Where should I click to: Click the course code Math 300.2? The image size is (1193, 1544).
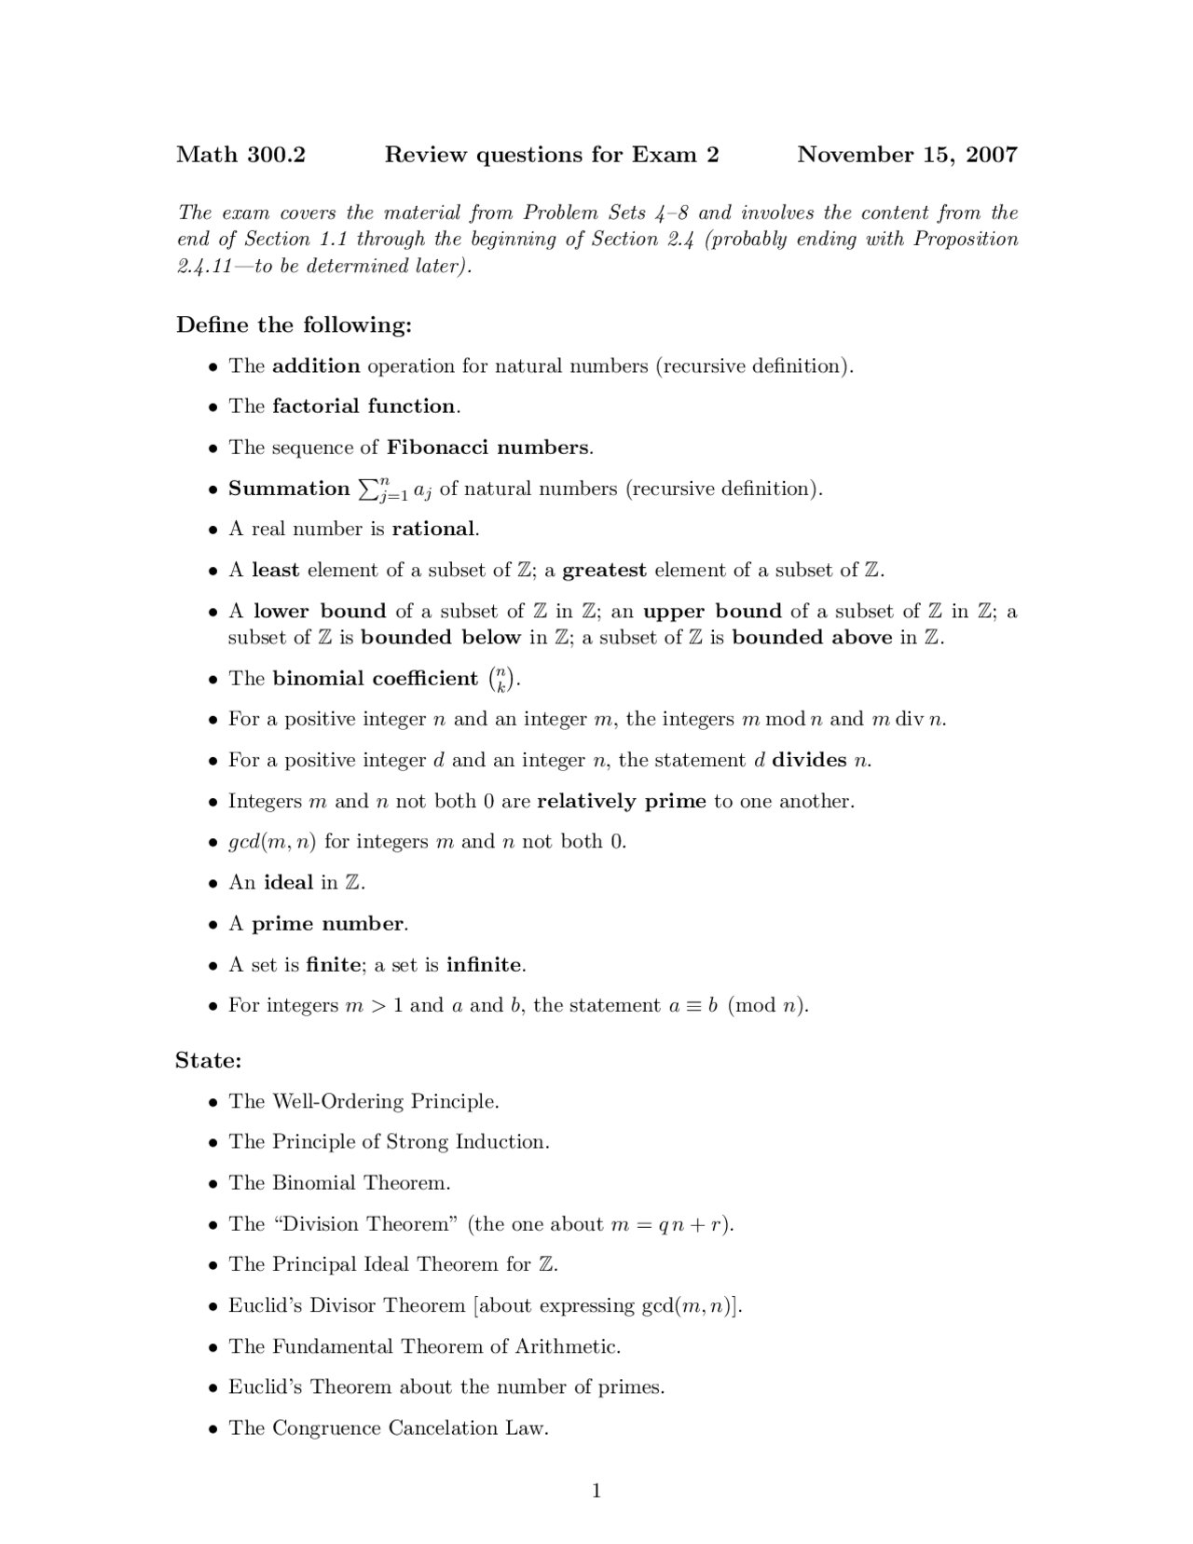[x=240, y=155]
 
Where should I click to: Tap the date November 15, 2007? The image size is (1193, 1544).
[x=907, y=155]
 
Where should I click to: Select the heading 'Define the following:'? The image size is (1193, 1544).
[x=294, y=325]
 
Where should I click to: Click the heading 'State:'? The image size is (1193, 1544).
[x=209, y=1061]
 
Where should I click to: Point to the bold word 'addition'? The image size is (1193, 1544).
[x=316, y=366]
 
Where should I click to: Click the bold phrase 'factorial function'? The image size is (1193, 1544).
[x=363, y=407]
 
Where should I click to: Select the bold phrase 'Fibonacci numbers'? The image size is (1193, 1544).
[x=488, y=448]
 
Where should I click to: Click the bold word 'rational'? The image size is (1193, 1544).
[x=434, y=530]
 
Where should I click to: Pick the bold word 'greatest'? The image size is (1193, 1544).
[x=604, y=571]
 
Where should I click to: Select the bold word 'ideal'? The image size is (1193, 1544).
[x=289, y=883]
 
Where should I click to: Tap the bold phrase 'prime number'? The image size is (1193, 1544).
[x=328, y=924]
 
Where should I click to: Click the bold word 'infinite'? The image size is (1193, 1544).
[x=485, y=965]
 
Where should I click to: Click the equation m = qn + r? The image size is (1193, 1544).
[x=668, y=1225]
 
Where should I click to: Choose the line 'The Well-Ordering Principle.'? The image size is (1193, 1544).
[x=363, y=1102]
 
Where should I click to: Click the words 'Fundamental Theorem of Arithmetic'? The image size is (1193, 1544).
[x=446, y=1347]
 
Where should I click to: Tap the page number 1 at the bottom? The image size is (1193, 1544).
[x=596, y=1492]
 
